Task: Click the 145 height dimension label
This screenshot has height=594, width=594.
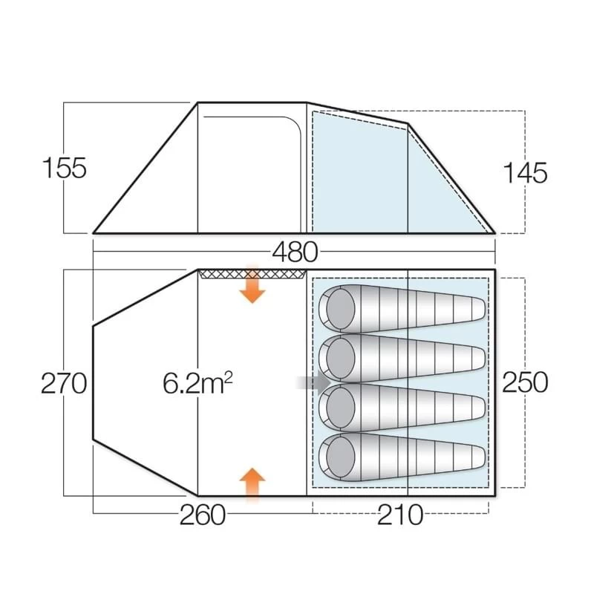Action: point(525,172)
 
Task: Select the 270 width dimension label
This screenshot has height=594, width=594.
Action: point(65,383)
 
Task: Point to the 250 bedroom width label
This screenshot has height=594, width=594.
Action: point(525,382)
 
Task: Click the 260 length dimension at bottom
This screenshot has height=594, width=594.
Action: point(202,515)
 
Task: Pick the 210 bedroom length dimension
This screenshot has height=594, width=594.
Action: point(400,515)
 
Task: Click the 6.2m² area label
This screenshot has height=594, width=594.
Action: point(198,383)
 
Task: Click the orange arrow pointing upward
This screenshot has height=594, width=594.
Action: point(252,484)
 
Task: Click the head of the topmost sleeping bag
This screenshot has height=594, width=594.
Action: point(339,307)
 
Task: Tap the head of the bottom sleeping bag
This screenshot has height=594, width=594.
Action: point(339,455)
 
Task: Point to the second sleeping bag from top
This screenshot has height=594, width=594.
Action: point(401,356)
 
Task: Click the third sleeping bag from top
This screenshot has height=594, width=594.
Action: point(401,406)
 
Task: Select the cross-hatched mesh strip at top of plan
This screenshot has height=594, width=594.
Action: point(252,274)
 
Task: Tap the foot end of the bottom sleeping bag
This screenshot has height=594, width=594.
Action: point(475,454)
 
